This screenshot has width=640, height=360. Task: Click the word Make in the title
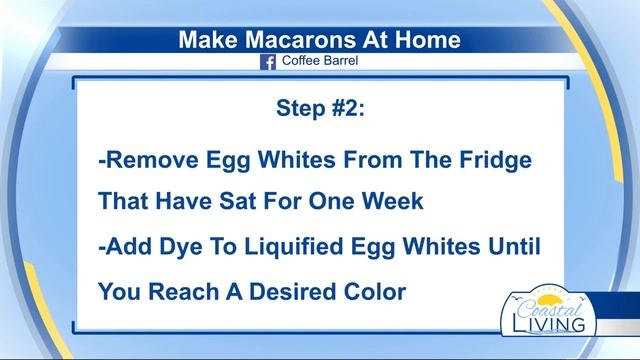[x=207, y=40]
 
